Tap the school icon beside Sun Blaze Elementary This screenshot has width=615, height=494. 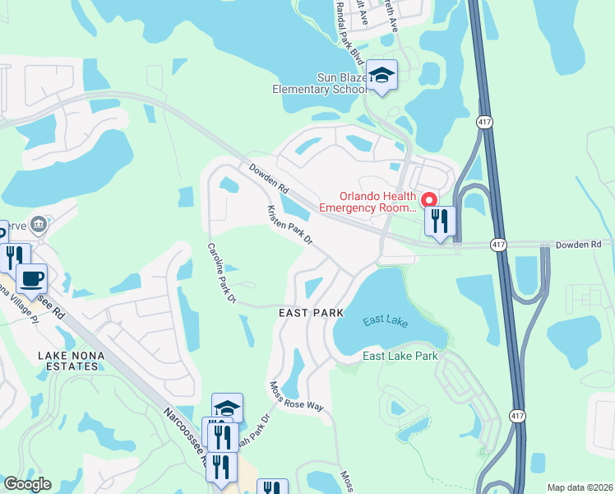point(381,75)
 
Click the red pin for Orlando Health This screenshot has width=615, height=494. point(428,200)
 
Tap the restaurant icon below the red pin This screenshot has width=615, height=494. point(440,221)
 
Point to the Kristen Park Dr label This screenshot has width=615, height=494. point(289,225)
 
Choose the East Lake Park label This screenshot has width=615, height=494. point(400,356)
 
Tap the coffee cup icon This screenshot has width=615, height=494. point(32,278)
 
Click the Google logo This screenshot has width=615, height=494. point(27,484)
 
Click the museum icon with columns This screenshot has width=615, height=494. point(38,225)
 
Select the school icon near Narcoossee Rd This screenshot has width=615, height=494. point(227,408)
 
